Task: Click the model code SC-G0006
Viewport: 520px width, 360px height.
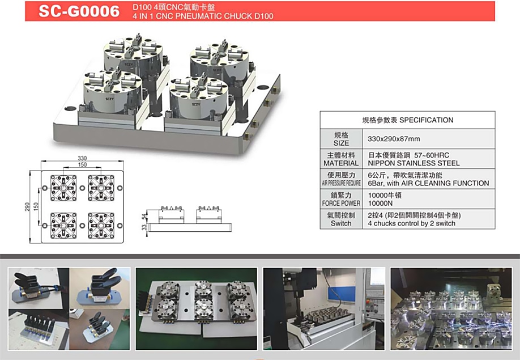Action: point(79,11)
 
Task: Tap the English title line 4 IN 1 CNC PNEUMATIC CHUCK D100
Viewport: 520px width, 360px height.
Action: point(203,16)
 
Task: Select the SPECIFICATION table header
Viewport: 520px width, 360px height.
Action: point(408,120)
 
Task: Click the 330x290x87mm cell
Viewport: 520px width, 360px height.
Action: point(394,139)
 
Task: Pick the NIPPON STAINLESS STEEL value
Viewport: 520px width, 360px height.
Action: point(414,163)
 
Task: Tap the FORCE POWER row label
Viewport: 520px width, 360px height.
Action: point(341,203)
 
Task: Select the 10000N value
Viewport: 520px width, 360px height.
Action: point(380,203)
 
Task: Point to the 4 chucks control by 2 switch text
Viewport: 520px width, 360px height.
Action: point(411,223)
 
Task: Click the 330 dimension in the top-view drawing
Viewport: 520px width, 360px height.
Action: point(82,158)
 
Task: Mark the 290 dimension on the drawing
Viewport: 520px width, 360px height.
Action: point(27,207)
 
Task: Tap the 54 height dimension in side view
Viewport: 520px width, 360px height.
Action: point(144,217)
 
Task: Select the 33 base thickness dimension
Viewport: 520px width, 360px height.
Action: point(144,227)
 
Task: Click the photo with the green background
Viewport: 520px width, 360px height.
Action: point(197,308)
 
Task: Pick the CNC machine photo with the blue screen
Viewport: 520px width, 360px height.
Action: point(324,308)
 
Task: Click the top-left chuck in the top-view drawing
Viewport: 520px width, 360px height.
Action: point(63,188)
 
